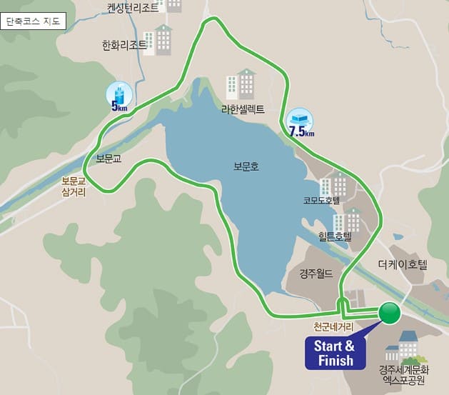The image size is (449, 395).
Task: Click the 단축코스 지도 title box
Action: [x=34, y=21]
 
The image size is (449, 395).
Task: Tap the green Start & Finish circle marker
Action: [x=390, y=313]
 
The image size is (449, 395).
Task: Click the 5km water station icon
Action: [x=118, y=95]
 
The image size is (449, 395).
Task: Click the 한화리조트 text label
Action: [x=124, y=45]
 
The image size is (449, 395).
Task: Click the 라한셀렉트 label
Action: [x=243, y=109]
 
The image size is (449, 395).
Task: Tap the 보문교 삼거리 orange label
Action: [x=74, y=187]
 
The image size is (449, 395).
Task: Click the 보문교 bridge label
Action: [x=109, y=159]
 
